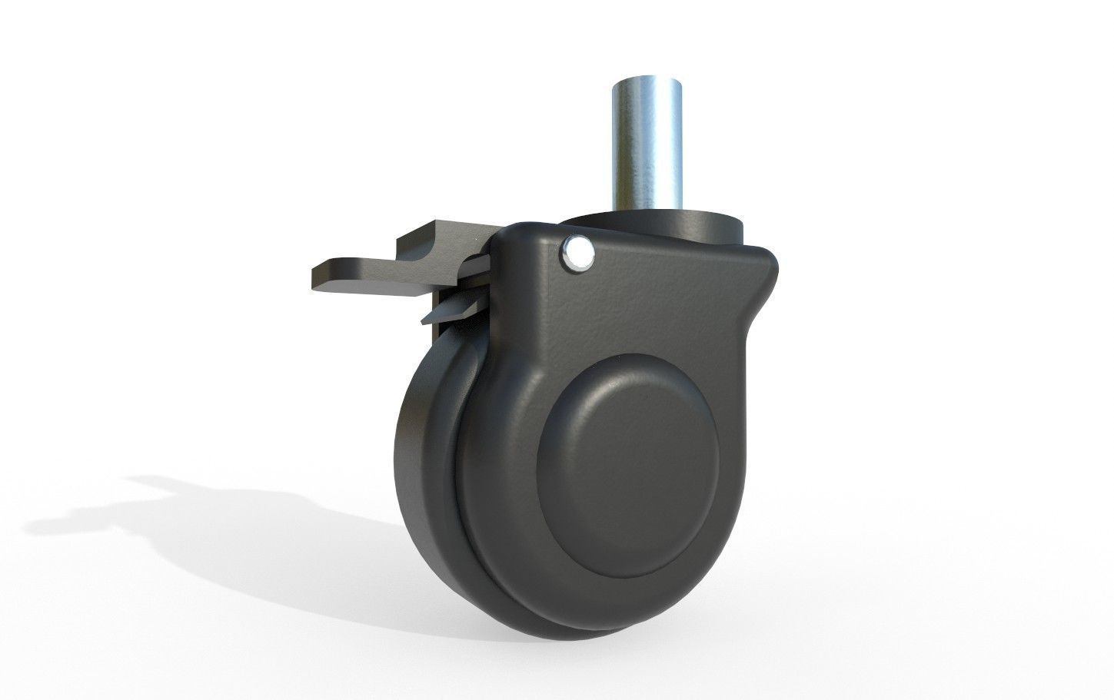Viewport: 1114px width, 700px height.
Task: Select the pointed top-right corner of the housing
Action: click(773, 257)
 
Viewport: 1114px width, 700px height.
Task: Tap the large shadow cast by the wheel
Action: click(231, 523)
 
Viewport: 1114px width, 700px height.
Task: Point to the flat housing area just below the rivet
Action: click(584, 307)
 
